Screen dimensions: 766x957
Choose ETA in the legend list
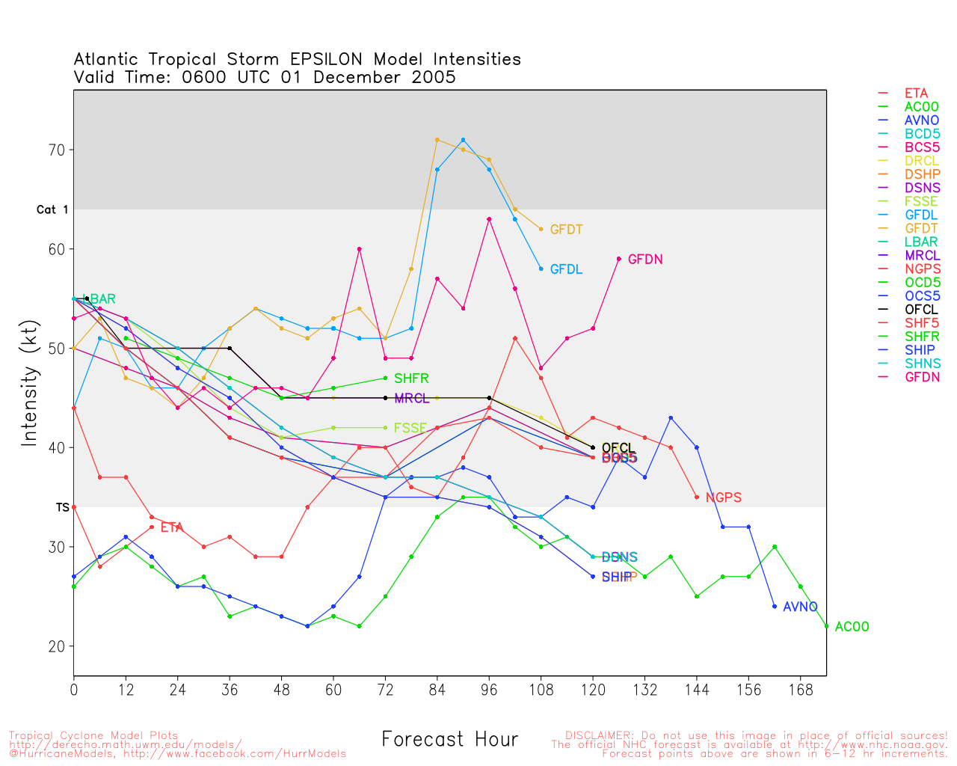pyautogui.click(x=916, y=94)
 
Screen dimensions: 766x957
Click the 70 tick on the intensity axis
pyautogui.click(x=57, y=150)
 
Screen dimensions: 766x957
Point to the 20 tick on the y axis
pyautogui.click(x=57, y=647)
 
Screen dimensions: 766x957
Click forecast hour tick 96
pyautogui.click(x=489, y=690)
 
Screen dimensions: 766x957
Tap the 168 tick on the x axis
pyautogui.click(x=800, y=690)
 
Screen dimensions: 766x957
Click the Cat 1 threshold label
pyautogui.click(x=52, y=210)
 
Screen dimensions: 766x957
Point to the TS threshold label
pyautogui.click(x=62, y=508)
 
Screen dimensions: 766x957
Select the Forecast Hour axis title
pyautogui.click(x=449, y=740)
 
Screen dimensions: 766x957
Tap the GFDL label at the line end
pyautogui.click(x=566, y=270)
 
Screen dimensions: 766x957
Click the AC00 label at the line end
pyautogui.click(x=852, y=628)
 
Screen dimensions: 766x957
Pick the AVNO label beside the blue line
pyautogui.click(x=800, y=607)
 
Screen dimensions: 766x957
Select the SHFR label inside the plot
pyautogui.click(x=411, y=379)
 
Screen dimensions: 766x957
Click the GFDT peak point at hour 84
pyautogui.click(x=437, y=140)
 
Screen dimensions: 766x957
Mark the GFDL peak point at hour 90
pyautogui.click(x=464, y=140)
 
